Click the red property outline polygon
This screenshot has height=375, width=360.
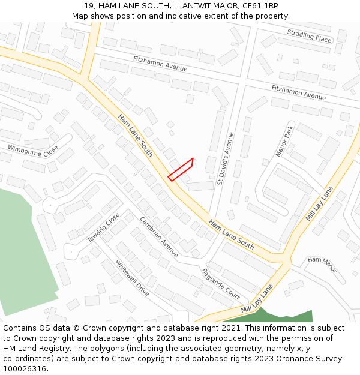click(181, 169)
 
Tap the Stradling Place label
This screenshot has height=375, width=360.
click(309, 36)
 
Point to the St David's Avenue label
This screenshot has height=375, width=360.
click(225, 158)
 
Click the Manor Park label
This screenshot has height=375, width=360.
click(284, 142)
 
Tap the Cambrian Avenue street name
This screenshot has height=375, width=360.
click(159, 236)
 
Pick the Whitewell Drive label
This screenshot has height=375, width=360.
click(132, 278)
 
